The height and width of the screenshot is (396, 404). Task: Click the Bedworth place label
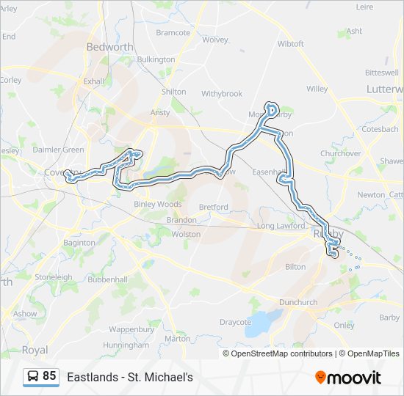[109, 46]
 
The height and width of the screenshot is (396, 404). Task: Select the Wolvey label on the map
[215, 40]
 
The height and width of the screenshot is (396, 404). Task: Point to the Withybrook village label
[222, 94]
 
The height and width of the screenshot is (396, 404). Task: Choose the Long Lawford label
[280, 226]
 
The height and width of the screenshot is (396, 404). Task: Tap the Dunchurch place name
[298, 302]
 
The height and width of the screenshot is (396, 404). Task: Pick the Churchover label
[340, 154]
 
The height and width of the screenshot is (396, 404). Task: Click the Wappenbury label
[131, 329]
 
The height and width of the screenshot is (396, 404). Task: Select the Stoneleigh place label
[53, 278]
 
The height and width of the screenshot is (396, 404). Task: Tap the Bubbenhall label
[109, 279]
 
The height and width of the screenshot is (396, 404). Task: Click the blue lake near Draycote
[261, 321]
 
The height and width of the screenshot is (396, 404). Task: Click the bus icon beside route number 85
[33, 377]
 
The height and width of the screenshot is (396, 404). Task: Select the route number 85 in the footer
[49, 376]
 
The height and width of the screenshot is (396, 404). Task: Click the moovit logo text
[354, 378]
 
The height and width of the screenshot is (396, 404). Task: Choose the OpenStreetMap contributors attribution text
[281, 353]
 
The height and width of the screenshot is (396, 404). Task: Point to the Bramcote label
[173, 33]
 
